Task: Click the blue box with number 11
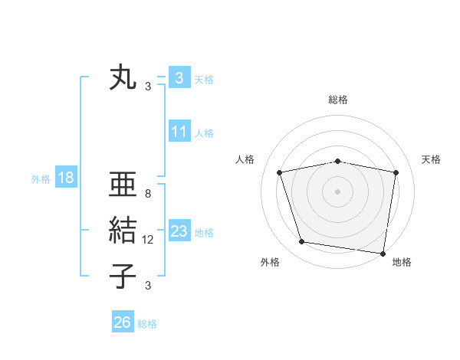(x=179, y=132)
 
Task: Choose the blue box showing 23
(x=179, y=231)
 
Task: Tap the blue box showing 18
(x=66, y=178)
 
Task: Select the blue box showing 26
(x=123, y=322)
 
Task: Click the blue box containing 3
(x=179, y=78)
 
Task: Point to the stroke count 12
(x=148, y=240)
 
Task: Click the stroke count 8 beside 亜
(x=148, y=194)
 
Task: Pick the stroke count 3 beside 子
(x=148, y=286)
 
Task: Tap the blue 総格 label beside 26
(x=147, y=324)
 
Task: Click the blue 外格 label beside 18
(x=41, y=179)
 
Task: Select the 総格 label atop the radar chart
(x=338, y=100)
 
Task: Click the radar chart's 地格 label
(x=402, y=263)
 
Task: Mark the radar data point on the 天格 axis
(x=396, y=172)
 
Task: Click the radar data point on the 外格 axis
(x=302, y=242)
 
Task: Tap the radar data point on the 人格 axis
(x=280, y=172)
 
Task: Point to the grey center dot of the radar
(x=338, y=191)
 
